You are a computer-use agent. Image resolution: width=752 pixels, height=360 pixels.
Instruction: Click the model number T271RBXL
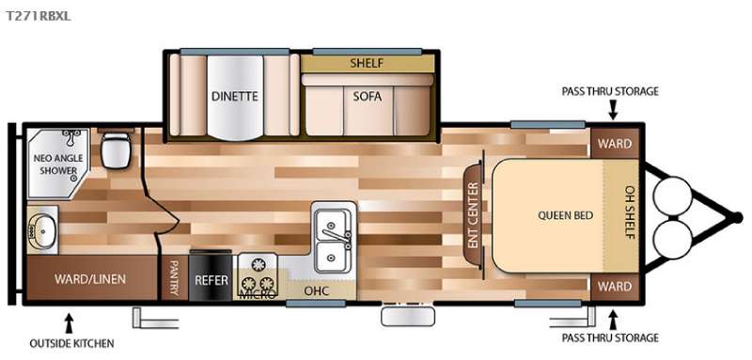[39, 16]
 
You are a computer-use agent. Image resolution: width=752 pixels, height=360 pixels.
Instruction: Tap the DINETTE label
[234, 96]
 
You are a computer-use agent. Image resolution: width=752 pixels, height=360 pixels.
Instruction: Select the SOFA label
[367, 97]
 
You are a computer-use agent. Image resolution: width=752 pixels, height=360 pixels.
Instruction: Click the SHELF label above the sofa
[367, 63]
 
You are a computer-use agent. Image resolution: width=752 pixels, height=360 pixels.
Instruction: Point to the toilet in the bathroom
[116, 149]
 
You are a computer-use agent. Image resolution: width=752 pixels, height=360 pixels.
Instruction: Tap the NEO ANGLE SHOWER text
[58, 164]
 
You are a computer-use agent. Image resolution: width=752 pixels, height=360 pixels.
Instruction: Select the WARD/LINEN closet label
[89, 278]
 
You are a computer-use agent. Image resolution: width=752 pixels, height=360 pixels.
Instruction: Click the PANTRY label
[174, 278]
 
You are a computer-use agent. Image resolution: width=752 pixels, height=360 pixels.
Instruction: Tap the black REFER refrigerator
[211, 277]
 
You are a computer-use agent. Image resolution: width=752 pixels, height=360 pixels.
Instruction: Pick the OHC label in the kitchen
[317, 290]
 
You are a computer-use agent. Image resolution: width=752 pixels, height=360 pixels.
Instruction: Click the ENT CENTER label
[474, 215]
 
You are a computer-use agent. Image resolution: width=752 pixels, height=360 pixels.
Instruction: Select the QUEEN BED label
[565, 215]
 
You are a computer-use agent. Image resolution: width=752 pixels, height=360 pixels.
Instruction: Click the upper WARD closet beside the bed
[615, 143]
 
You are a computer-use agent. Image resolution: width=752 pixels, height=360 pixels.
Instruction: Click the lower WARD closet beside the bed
[615, 287]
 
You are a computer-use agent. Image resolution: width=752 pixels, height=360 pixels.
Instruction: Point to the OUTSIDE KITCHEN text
[72, 343]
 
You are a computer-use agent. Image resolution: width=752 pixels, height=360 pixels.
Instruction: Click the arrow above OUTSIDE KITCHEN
[69, 323]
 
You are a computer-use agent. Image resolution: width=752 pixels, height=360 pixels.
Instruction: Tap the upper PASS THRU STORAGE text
[610, 91]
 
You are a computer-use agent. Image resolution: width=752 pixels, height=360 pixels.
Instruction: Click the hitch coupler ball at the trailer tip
[735, 218]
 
